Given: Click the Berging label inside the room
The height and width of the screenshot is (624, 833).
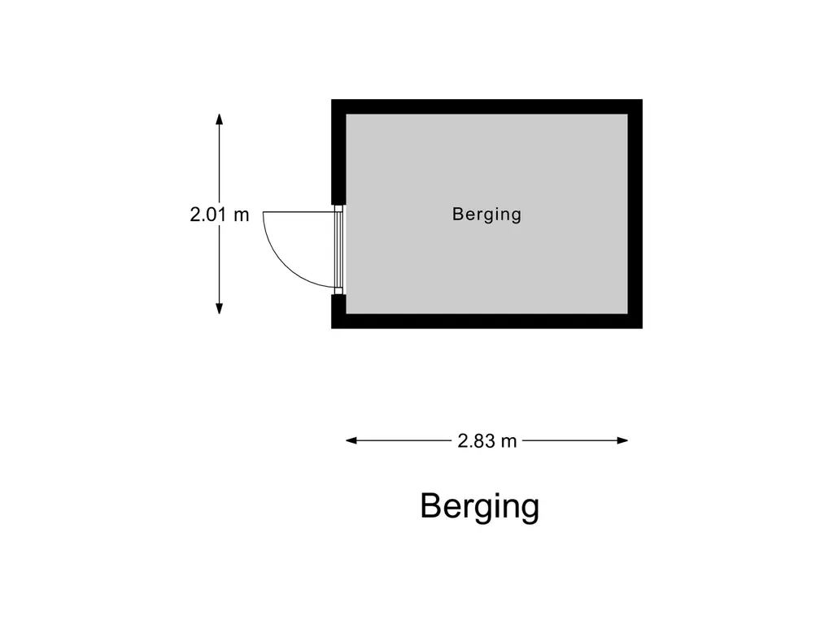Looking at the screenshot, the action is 486,214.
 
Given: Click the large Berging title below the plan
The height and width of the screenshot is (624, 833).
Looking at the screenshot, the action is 480,506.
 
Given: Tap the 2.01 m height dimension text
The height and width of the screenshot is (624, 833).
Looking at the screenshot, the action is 220,214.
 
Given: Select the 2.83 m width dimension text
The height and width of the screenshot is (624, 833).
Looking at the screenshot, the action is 487,441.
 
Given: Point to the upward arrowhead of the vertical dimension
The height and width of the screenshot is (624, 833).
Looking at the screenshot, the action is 220,119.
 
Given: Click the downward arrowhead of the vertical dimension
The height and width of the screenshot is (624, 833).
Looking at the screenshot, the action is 220,309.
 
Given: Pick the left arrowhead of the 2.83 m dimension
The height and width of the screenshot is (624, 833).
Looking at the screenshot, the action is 351,440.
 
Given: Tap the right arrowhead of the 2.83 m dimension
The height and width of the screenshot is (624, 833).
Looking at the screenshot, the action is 622,440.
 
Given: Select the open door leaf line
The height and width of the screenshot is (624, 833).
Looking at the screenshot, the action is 299,212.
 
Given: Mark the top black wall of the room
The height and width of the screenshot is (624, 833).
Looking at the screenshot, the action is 486,106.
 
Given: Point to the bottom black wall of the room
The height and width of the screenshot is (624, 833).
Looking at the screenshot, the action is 486,321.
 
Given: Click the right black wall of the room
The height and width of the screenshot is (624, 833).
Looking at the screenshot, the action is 635,214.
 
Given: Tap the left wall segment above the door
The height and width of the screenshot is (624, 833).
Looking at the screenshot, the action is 339,152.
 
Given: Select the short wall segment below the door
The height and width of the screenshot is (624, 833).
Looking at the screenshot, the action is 339,311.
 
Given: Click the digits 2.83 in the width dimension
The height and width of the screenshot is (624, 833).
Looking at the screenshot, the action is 477,441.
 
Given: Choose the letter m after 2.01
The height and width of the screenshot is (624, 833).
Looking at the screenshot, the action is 241,215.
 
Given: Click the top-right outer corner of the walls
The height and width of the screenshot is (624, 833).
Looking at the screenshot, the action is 643,100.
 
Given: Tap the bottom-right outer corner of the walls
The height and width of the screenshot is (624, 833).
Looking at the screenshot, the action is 643,328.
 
